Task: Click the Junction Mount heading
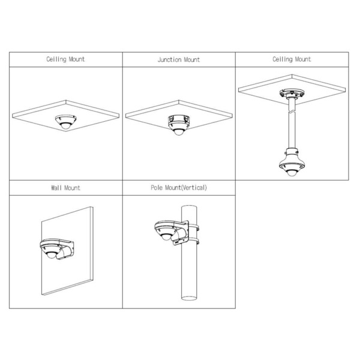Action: tap(179, 59)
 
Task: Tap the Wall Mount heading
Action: tap(65, 188)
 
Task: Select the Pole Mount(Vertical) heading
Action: tap(179, 188)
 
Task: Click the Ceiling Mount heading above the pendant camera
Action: tap(292, 59)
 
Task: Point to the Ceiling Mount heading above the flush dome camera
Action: tap(65, 59)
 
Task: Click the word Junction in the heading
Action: tap(170, 59)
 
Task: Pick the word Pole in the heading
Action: tap(157, 188)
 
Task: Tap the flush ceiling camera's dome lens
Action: tap(65, 126)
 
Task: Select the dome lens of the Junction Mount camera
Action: tap(179, 132)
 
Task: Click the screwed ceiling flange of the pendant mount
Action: tap(292, 94)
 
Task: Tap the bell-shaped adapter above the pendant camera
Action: tap(292, 157)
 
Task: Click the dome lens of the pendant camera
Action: tap(292, 173)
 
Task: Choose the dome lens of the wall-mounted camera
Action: tap(51, 255)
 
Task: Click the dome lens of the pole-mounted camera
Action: tap(166, 236)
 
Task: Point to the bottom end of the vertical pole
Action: tap(189, 298)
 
